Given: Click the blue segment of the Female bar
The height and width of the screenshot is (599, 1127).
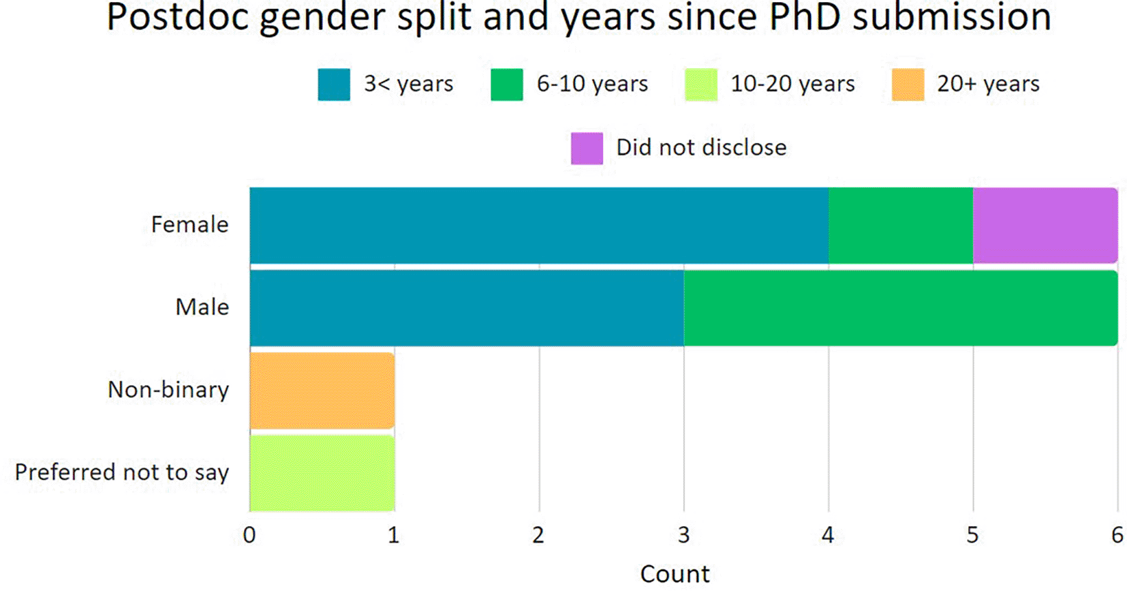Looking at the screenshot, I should point(538,225).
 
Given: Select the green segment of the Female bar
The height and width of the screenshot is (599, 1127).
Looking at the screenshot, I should point(900,225).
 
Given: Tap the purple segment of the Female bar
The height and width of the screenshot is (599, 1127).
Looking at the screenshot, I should point(1045,225).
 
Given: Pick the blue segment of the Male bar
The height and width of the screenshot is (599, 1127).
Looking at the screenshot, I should point(466,307).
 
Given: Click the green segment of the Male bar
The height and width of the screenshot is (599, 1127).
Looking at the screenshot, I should point(900,307).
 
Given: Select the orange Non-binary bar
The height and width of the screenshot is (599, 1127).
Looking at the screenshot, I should point(322,390).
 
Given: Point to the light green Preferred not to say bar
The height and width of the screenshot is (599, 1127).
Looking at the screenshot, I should point(322,473).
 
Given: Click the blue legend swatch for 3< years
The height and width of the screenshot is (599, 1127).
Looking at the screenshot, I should point(334,85).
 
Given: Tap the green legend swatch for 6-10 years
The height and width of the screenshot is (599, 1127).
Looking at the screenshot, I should point(506,85).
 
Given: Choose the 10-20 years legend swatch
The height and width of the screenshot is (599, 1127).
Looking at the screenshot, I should point(700,85).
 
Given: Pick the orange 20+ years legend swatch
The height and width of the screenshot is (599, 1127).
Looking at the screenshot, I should point(908,85).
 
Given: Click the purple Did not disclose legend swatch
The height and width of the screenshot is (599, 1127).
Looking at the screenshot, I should point(587,148).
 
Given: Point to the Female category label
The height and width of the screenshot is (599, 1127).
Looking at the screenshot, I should point(189,225).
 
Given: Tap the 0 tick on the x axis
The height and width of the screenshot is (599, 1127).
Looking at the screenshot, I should point(249,536).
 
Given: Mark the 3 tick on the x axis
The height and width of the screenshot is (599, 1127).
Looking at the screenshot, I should point(683,536).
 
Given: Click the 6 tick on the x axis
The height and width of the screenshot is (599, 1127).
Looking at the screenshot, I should point(1117,536).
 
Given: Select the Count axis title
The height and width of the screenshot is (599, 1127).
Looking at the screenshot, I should point(675,574).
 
